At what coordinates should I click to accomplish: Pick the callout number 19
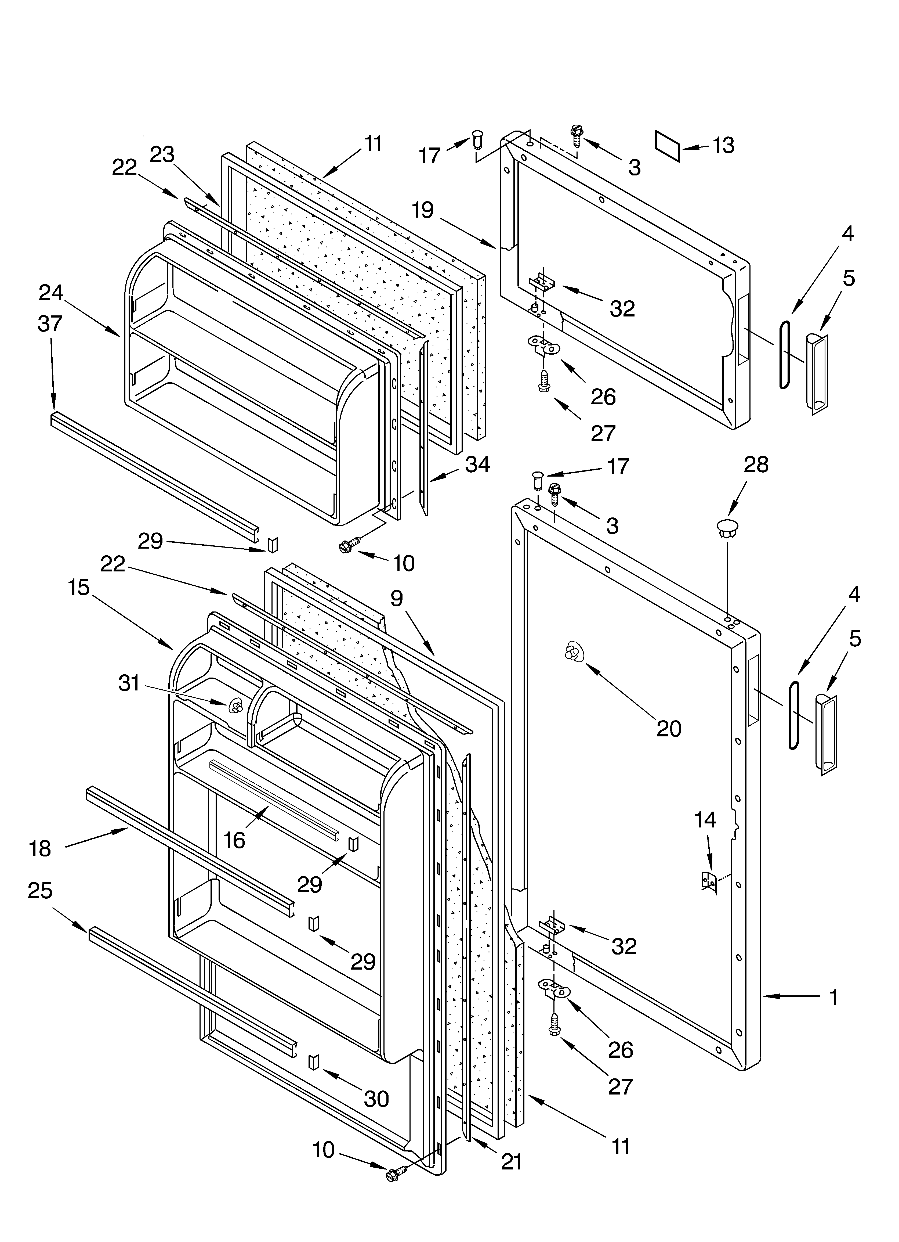point(423,210)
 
